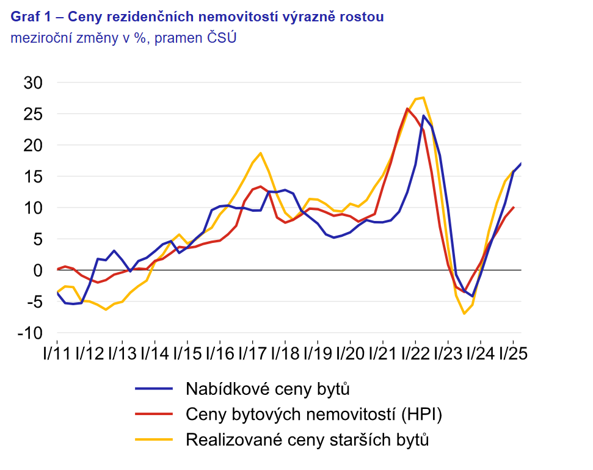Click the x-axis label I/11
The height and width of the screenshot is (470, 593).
[56, 354]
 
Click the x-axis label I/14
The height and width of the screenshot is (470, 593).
[155, 354]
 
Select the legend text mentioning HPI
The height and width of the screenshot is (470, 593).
[313, 414]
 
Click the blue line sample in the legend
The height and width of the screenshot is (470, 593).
[153, 388]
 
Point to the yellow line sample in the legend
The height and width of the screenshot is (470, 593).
[153, 439]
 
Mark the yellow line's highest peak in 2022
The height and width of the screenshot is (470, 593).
[423, 98]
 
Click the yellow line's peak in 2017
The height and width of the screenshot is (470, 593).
[260, 153]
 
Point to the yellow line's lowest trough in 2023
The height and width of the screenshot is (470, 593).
[464, 313]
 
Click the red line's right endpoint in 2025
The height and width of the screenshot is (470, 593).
[514, 208]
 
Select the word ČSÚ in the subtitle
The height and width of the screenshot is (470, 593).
[223, 38]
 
